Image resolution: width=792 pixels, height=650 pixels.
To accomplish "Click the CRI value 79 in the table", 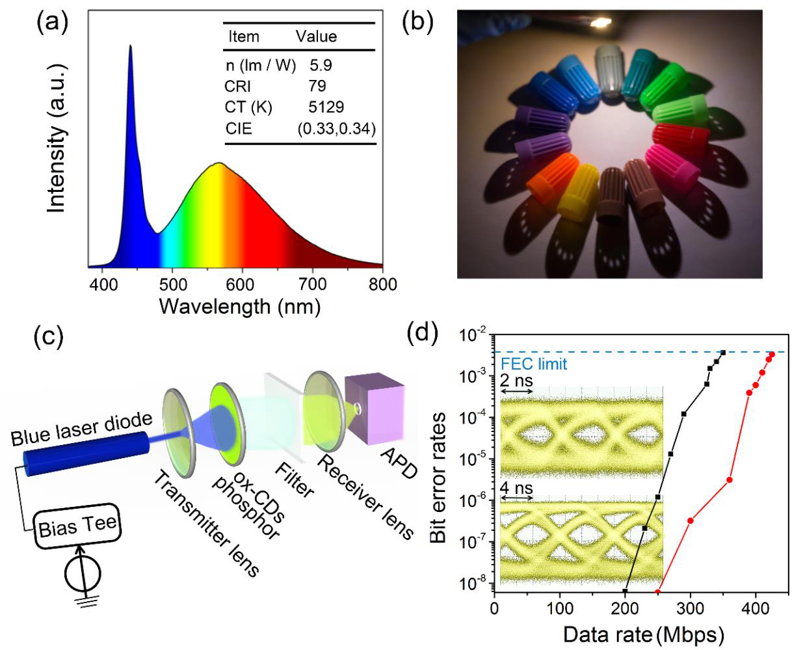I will coord(318,86).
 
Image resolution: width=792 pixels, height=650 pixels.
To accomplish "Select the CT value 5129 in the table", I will coord(327,107).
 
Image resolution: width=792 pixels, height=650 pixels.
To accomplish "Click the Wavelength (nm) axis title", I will coord(239,306).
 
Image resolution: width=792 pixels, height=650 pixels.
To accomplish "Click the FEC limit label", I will coord(534,364).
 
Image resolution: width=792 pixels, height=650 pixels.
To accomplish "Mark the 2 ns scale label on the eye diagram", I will coord(514,381).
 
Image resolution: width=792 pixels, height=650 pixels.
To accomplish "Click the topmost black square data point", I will coord(722,353).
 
